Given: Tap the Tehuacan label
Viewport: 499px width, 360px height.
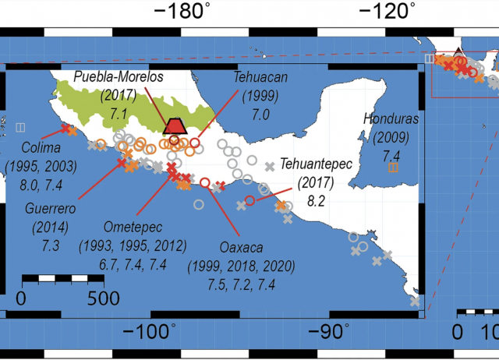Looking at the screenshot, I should pyautogui.click(x=259, y=78).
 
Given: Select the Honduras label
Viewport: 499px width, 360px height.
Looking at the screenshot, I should pyautogui.click(x=391, y=119).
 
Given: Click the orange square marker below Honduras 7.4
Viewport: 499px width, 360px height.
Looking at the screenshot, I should pyautogui.click(x=394, y=166).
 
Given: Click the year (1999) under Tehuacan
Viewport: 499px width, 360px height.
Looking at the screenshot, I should pyautogui.click(x=259, y=95).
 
